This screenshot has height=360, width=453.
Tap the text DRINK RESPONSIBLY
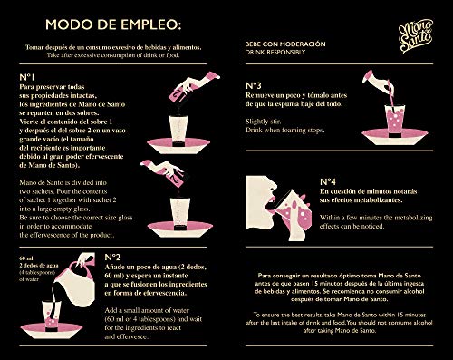pyautogui.click(x=273, y=52)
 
